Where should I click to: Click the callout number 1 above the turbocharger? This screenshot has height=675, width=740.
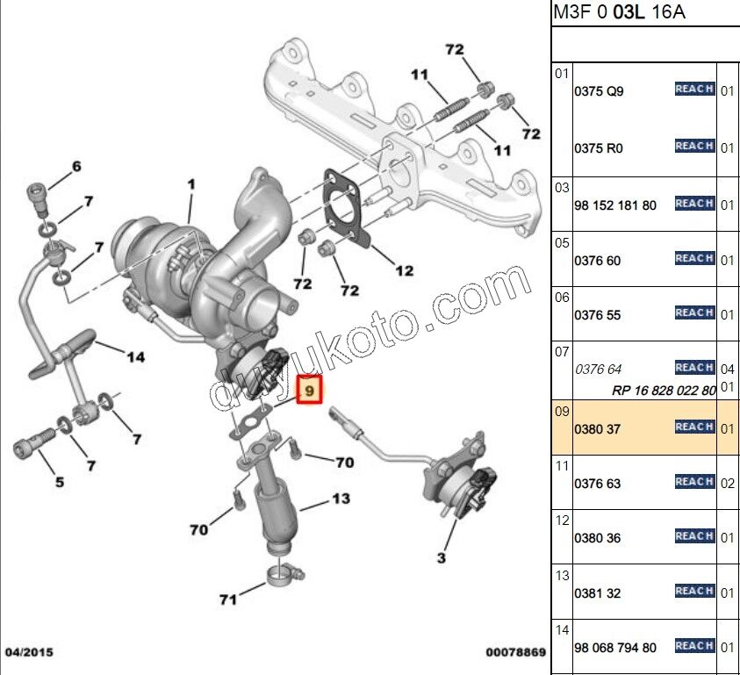coord(190,184)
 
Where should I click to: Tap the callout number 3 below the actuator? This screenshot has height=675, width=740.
coord(441,557)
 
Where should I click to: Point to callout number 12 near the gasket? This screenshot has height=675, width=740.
coord(403,271)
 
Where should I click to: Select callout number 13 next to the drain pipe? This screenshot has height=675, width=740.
coord(340,499)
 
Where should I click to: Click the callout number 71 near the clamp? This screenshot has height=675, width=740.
coord(228,600)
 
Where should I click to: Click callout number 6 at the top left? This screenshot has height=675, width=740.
coord(75,166)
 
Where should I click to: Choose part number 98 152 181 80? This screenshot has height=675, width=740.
coord(614,205)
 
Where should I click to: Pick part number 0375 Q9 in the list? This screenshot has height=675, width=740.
coord(599,91)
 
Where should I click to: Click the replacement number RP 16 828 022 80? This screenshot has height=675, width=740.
coord(664,391)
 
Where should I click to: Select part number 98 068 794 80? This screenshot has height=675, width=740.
coord(614,648)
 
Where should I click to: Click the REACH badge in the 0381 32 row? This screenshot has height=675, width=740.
coord(694,592)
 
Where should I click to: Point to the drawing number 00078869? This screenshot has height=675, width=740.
coord(515,653)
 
